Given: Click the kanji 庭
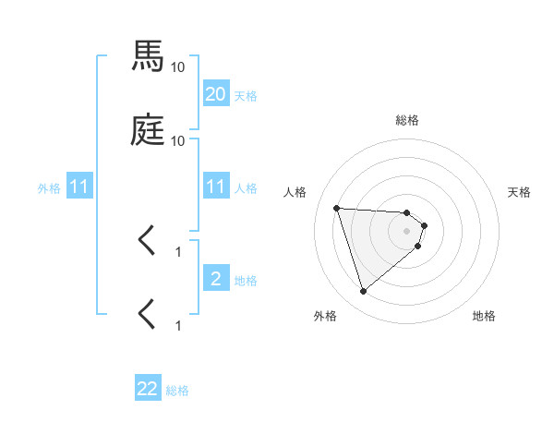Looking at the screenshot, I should [148, 131].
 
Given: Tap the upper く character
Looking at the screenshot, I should [147, 242].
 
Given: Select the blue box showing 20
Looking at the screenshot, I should [216, 94].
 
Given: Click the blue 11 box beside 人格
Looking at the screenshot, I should [216, 187].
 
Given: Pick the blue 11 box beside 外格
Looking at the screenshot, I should [79, 187].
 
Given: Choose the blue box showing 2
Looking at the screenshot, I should [216, 279].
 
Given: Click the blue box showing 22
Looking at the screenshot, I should [148, 389].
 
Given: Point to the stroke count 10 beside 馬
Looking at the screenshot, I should [178, 66].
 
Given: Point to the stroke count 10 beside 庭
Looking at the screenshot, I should [178, 140].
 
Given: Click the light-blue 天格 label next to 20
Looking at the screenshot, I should [246, 95].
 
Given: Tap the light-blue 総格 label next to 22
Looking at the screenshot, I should [177, 391].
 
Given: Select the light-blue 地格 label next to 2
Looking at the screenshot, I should [246, 280].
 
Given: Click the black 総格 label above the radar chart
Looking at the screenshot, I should [407, 120].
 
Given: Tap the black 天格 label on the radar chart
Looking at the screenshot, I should [520, 192].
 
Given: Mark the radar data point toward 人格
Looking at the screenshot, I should [337, 208].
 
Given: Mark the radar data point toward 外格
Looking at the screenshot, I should [363, 292].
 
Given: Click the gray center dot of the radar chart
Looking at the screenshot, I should [407, 231].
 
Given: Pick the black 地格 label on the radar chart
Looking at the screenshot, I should [484, 316].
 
